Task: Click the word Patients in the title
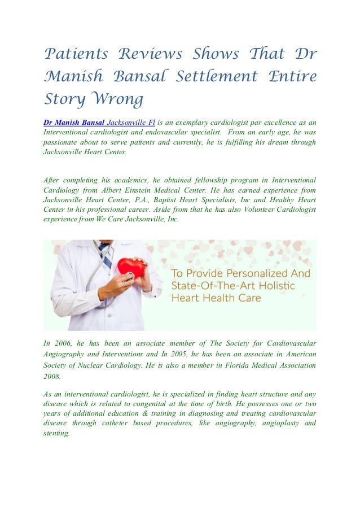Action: [76, 55]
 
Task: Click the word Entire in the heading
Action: [292, 76]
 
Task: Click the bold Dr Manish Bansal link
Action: [74, 122]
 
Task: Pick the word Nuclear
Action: [99, 365]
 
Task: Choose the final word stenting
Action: [56, 434]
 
